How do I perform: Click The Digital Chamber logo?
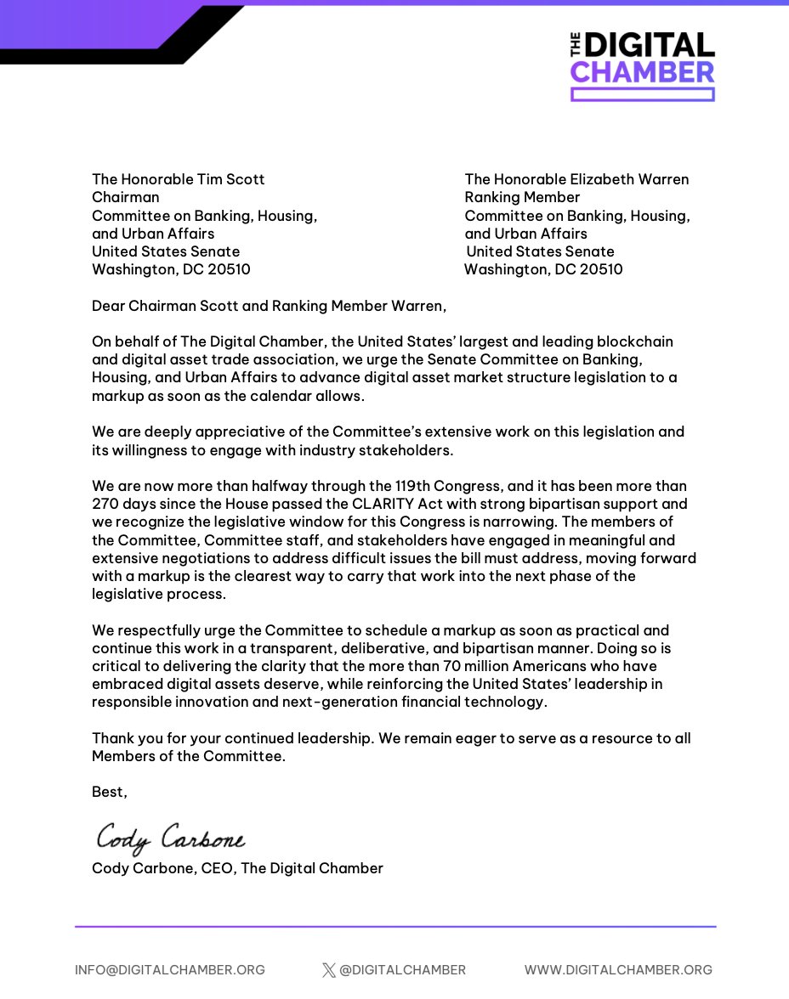tap(642, 66)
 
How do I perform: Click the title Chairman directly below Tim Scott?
tap(125, 197)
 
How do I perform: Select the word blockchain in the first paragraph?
tap(631, 341)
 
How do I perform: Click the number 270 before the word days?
tap(106, 504)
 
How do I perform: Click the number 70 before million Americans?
tap(440, 666)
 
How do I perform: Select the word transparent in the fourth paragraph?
tap(296, 648)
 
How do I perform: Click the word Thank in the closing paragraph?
tap(113, 738)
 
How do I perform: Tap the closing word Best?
tap(109, 792)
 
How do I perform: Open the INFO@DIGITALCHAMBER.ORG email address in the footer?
tap(170, 969)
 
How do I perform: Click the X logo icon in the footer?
tap(329, 970)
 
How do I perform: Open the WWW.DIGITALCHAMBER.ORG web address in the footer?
tap(618, 969)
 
